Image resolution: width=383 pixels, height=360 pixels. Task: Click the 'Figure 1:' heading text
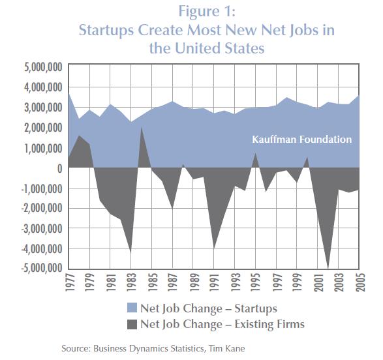pos(207,11)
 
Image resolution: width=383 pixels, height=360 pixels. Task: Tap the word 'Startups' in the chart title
pos(106,31)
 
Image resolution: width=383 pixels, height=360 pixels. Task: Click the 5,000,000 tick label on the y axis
pos(43,67)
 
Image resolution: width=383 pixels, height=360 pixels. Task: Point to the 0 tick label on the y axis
pos(59,168)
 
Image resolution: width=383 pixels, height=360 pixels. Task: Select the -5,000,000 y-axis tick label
pos(42,268)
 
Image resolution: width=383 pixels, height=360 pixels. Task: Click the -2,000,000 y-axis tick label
pos(42,208)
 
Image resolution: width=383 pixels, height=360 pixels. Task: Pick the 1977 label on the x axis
pos(70,282)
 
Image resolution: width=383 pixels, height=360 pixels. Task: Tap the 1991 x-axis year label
pos(215,282)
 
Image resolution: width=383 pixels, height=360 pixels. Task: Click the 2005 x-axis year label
pos(360,282)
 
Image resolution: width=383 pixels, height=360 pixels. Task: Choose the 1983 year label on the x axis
pos(132,282)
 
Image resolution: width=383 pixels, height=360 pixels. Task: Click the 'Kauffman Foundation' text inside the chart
pos(302,140)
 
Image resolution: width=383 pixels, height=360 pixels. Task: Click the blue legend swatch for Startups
pos(132,308)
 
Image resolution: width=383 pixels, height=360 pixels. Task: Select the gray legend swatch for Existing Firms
pos(132,324)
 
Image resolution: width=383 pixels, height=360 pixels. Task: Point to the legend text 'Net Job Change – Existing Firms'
pos(222,324)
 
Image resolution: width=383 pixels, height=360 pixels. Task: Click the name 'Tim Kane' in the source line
pos(226,348)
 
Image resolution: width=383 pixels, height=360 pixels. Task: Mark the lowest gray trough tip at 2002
pos(328,268)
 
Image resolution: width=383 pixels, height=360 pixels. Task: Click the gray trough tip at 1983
pos(131,253)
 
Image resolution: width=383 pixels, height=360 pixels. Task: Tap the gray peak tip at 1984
pos(141,127)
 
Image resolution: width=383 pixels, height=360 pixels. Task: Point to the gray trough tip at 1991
pos(214,248)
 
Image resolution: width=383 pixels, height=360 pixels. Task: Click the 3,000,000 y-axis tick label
pos(43,108)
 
